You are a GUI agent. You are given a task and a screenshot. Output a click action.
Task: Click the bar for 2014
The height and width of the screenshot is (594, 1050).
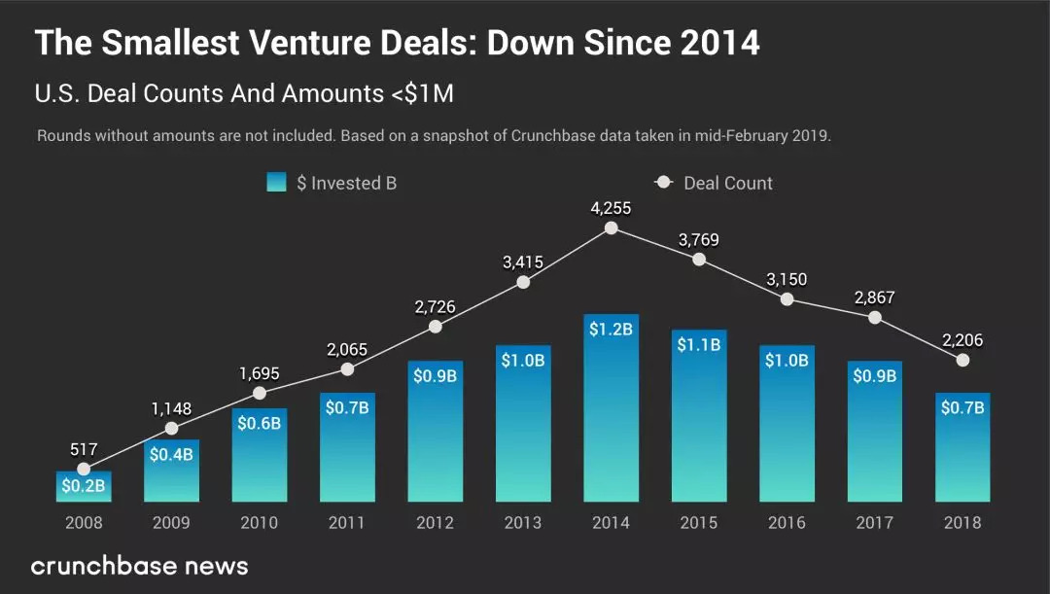point(611,408)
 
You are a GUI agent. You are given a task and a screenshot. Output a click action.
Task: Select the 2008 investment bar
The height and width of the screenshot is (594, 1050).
point(84,487)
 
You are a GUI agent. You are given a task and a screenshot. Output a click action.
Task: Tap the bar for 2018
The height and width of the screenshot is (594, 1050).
point(962,447)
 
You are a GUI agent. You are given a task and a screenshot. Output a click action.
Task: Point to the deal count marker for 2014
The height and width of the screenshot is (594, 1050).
point(611,227)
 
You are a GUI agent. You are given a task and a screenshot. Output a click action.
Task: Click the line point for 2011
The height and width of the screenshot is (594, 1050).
point(347,368)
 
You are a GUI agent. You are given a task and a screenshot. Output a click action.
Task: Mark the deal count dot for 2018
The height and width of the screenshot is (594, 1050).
point(962,360)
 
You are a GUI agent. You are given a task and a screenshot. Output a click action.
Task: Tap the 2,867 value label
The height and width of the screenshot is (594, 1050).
point(874,297)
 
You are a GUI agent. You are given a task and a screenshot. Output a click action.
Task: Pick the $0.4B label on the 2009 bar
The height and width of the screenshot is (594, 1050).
point(171,454)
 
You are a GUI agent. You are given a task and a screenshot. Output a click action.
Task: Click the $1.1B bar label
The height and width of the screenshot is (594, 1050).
point(699,344)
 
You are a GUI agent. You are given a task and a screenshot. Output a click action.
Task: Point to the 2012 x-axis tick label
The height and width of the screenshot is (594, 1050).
point(435,523)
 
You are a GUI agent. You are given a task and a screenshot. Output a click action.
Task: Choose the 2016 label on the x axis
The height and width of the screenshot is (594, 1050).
point(787,523)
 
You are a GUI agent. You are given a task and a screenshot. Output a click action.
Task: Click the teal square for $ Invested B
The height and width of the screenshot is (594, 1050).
point(276,182)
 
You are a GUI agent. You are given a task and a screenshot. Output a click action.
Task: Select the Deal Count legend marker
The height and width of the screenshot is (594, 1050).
point(664,182)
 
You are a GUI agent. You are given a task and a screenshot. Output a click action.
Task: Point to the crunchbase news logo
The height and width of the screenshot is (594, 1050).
point(139,566)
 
